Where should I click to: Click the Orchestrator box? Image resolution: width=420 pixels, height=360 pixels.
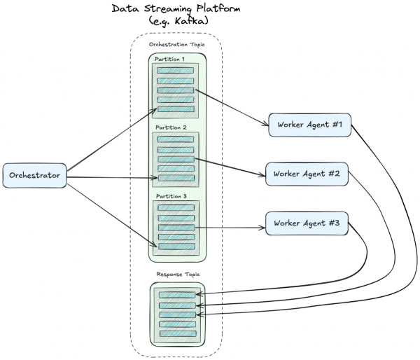tap(34, 175)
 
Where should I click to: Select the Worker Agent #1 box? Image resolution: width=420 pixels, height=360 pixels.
tap(309, 124)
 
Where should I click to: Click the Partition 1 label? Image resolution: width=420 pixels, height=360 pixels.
tap(170, 59)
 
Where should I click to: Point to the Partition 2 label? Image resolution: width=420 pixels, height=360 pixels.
tap(170, 128)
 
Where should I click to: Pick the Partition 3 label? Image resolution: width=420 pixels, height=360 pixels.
tap(170, 197)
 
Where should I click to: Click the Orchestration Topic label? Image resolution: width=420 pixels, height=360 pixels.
tap(176, 44)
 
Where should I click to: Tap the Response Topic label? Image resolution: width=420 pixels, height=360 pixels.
tap(177, 275)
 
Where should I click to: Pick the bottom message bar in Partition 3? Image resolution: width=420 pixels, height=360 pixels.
tap(176, 247)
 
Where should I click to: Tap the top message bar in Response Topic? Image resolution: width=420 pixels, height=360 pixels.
tap(177, 296)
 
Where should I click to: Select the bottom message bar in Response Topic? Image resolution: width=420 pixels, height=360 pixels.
tap(177, 333)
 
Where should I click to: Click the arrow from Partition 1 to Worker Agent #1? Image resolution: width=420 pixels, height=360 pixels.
tap(231, 106)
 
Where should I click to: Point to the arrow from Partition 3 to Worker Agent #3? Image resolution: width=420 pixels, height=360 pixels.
tap(231, 228)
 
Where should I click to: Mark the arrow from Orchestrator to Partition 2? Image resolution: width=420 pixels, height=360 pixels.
tap(112, 178)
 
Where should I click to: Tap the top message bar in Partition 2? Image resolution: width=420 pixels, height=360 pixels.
tap(176, 139)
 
